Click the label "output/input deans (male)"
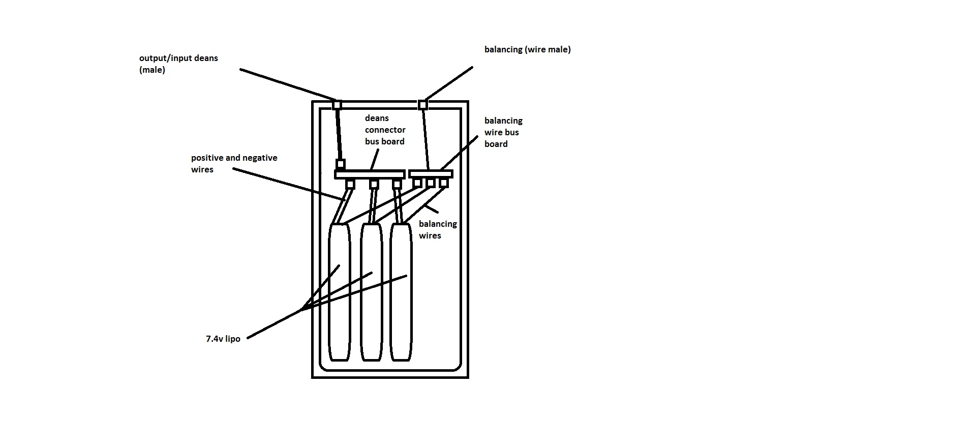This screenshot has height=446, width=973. (178, 64)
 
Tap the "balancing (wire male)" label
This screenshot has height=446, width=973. (527, 49)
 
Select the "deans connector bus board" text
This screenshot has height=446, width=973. (385, 130)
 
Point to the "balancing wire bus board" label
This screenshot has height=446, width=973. (503, 132)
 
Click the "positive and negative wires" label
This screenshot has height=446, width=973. (234, 163)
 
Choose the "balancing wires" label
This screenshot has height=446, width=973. (437, 229)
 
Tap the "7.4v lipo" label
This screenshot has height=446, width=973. (223, 339)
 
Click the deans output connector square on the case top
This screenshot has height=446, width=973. (337, 105)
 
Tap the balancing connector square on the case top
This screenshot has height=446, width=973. (423, 105)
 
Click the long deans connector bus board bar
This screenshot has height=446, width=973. (369, 174)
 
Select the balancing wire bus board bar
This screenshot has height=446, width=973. (431, 174)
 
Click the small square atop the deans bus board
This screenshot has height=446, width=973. (341, 164)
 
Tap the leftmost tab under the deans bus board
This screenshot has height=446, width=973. (350, 184)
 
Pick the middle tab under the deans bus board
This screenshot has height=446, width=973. (374, 184)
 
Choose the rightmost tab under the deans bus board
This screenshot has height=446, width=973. (397, 184)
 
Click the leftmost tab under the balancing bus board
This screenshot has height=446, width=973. (417, 183)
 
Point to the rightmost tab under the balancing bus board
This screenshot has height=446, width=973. (443, 183)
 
